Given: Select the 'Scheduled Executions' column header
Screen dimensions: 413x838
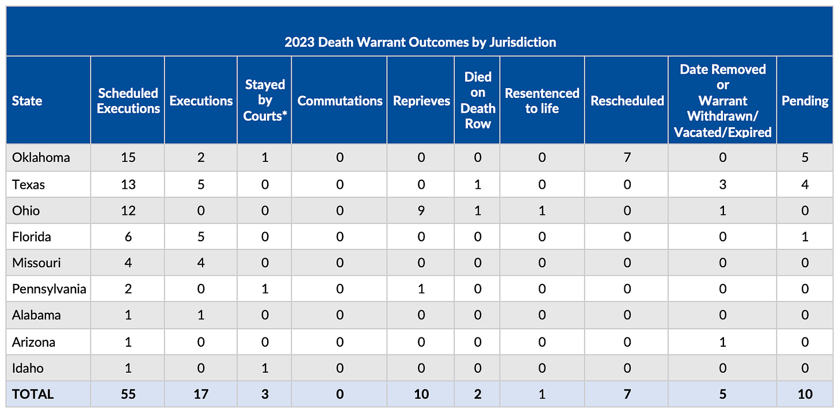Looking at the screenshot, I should click(x=128, y=101).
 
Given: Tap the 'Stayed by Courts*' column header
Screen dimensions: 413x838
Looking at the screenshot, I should click(x=265, y=100).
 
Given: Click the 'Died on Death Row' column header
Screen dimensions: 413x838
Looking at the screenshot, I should click(x=478, y=100).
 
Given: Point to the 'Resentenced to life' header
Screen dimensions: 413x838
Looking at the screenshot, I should click(x=542, y=101).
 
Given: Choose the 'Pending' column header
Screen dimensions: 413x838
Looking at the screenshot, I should click(x=805, y=101).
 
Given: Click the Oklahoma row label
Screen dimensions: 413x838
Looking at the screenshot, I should click(x=41, y=158).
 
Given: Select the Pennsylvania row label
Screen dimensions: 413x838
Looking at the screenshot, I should click(x=49, y=289).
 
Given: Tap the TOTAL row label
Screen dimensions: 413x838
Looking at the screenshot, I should click(x=33, y=394).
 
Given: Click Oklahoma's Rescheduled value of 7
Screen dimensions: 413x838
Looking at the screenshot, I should click(x=627, y=158).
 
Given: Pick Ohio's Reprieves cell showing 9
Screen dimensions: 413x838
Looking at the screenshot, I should click(x=421, y=210).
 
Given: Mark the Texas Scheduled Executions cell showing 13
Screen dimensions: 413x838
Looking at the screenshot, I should click(x=128, y=184).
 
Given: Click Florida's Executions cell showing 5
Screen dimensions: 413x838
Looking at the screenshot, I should click(x=201, y=237).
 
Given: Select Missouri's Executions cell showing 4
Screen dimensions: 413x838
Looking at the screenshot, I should click(x=201, y=263).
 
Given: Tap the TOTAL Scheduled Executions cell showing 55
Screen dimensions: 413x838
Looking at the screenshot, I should click(x=128, y=394).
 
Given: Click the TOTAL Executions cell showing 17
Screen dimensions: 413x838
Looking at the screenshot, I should click(x=201, y=394).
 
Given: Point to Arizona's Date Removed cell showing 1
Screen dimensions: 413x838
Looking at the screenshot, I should click(x=722, y=342).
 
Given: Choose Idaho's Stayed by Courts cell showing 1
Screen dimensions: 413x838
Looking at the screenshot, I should click(x=265, y=368).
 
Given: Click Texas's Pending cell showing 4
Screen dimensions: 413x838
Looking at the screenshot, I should click(x=805, y=184).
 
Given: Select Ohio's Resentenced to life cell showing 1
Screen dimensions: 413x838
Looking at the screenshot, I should click(x=542, y=210).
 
